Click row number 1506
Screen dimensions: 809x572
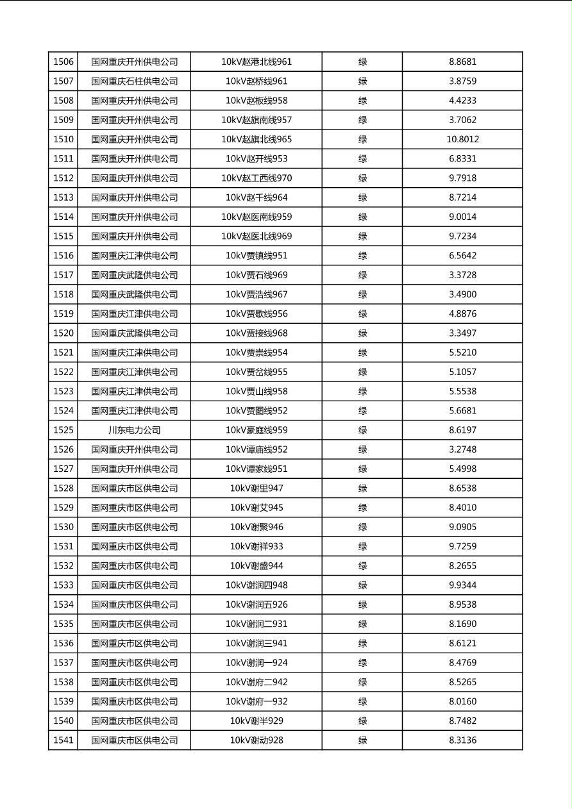pos(63,62)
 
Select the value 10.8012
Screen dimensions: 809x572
pos(462,139)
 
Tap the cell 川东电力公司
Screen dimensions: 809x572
pos(134,430)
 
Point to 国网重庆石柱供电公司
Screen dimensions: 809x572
pos(134,81)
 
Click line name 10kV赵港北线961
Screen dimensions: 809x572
pos(257,62)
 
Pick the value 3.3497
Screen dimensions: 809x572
pos(462,333)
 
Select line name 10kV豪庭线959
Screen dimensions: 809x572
pos(257,430)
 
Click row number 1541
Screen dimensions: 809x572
pos(63,740)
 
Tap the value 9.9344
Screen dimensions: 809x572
pos(462,585)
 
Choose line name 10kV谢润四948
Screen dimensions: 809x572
pos(257,585)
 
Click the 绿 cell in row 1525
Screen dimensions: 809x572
pos(362,430)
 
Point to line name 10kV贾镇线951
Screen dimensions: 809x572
pos(257,256)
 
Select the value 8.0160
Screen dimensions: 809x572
pos(462,701)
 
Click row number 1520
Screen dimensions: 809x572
pos(63,333)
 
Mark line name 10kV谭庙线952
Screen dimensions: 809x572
pos(257,449)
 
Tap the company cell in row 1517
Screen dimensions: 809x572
pos(134,275)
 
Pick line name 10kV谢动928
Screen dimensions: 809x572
pos(257,740)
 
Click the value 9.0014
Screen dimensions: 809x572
pos(462,217)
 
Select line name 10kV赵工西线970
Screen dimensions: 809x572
pos(257,178)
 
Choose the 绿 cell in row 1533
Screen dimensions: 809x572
pos(362,585)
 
